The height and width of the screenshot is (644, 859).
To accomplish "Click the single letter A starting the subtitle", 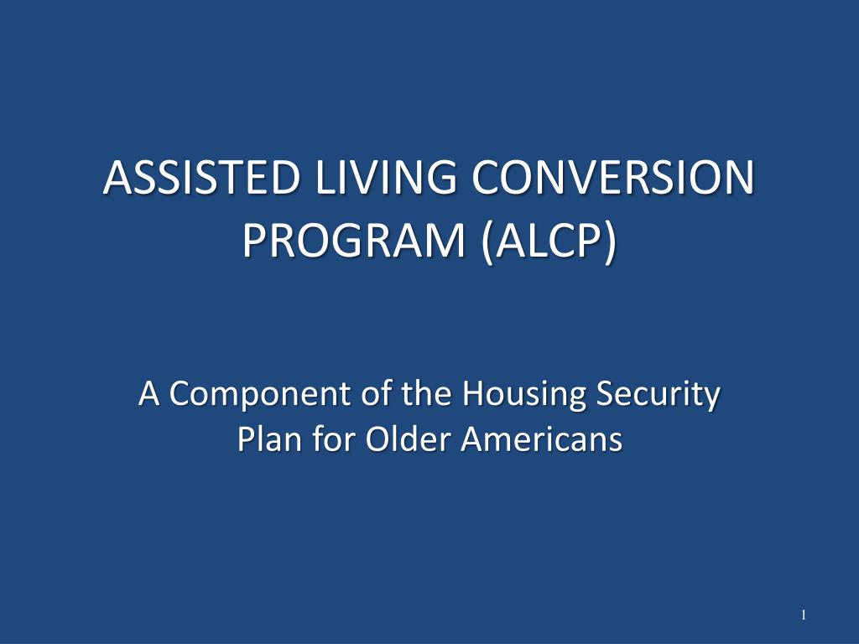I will (x=149, y=394).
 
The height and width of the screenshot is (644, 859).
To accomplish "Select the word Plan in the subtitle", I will (x=262, y=439).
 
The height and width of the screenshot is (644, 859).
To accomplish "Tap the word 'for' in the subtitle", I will (x=325, y=439).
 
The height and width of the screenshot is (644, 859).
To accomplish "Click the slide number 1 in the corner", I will (x=803, y=616).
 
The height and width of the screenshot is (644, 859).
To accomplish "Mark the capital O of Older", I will (x=373, y=439).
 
